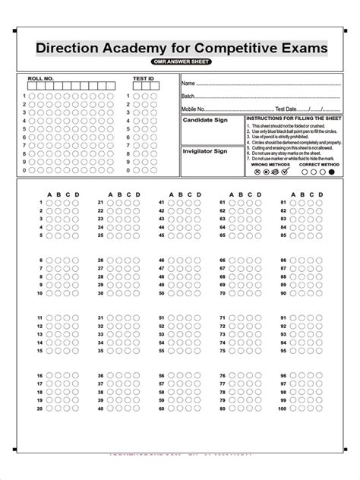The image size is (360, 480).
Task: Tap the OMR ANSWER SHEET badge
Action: [180, 62]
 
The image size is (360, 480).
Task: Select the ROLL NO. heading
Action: [40, 77]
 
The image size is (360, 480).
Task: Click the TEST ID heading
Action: [143, 77]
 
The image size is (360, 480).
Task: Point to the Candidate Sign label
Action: [205, 120]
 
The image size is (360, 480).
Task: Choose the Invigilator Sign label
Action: [205, 151]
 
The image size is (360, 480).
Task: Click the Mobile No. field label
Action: [194, 109]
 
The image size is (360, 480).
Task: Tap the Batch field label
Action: [189, 96]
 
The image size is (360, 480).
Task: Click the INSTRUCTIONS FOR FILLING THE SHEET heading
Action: [294, 119]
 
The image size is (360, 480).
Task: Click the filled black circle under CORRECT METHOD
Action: [331, 172]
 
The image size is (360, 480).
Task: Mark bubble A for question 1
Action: [49, 203]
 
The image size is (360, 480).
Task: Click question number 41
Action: [161, 203]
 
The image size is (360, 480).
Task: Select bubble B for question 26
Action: [118, 261]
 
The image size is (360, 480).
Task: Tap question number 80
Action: [222, 409]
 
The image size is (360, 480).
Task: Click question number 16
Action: [39, 376]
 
